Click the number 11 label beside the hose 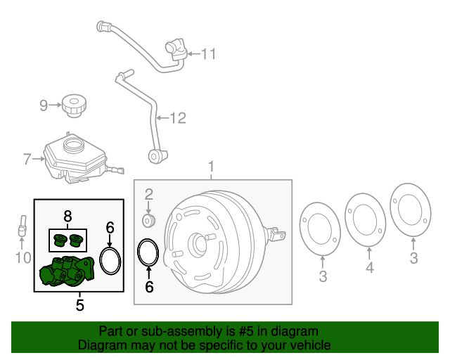pyautogui.click(x=210, y=53)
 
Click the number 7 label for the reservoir pyautogui.click(x=27, y=160)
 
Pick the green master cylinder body pyautogui.click(x=67, y=272)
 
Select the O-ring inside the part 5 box pyautogui.click(x=110, y=259)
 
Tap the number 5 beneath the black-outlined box pyautogui.click(x=80, y=305)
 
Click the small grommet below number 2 pyautogui.click(x=148, y=221)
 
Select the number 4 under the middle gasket pyautogui.click(x=370, y=268)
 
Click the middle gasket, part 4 pyautogui.click(x=365, y=219)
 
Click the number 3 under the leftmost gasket pyautogui.click(x=323, y=276)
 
